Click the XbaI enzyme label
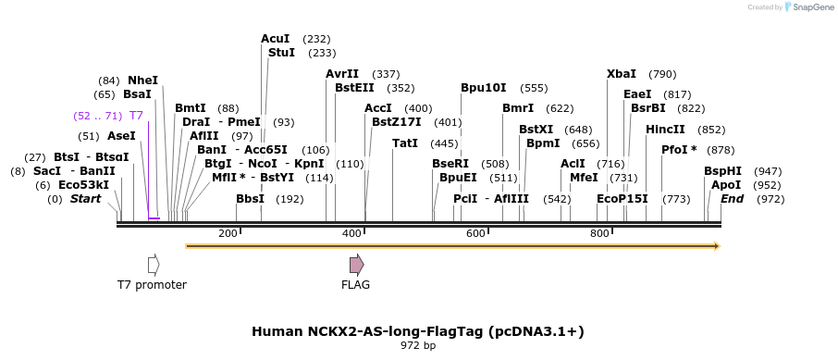[622, 74]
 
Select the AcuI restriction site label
[276, 39]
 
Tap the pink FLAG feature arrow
[356, 265]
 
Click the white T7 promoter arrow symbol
[154, 265]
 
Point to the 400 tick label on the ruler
[351, 233]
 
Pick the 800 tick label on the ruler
[599, 233]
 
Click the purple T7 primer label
[136, 116]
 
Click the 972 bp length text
[418, 346]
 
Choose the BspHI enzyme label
[722, 171]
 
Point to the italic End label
[732, 199]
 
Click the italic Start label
[86, 199]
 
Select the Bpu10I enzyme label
[484, 88]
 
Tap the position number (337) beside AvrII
[386, 74]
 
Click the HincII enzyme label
[666, 130]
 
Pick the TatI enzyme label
[405, 143]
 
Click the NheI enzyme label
[143, 81]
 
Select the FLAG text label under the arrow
[355, 285]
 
